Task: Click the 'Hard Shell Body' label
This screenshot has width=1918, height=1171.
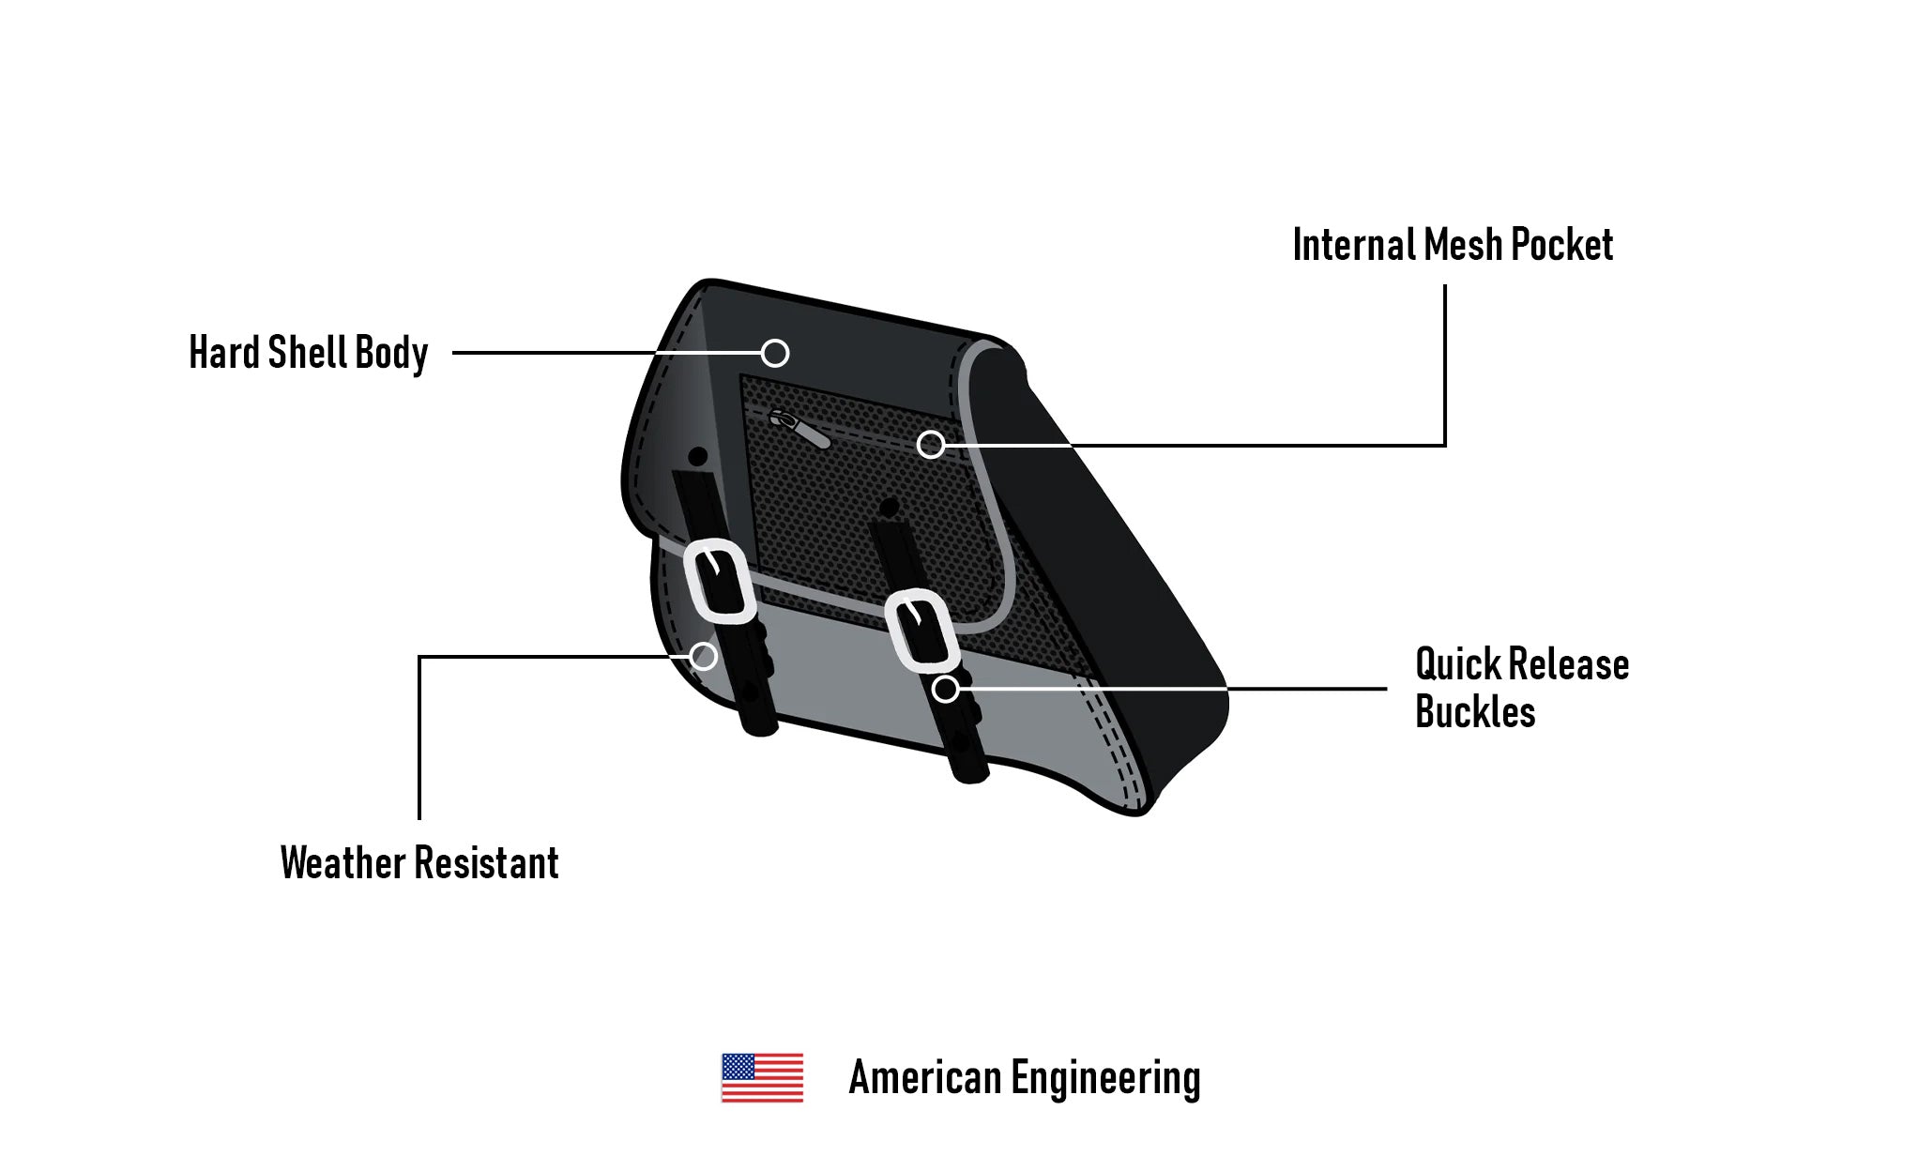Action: click(308, 353)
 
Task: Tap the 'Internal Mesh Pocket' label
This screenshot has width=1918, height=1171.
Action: click(1452, 245)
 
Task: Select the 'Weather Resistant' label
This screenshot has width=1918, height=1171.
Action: click(419, 863)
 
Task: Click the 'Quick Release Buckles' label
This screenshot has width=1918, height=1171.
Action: click(1520, 688)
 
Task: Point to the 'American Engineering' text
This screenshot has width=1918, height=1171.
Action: click(1024, 1078)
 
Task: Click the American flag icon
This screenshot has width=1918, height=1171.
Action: click(762, 1078)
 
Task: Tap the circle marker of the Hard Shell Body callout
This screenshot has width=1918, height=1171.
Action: click(775, 353)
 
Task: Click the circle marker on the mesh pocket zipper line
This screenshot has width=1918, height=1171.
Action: click(930, 445)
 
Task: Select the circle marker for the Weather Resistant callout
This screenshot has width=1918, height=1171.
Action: click(703, 656)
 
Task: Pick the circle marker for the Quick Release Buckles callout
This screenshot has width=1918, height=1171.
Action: click(945, 690)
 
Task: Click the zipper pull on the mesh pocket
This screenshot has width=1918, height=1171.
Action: click(799, 428)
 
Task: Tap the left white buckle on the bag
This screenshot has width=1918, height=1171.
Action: click(720, 581)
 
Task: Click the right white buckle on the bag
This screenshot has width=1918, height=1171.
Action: click(921, 631)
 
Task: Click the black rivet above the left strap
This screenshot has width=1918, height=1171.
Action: click(697, 457)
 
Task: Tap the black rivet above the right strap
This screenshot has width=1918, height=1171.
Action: click(888, 508)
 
